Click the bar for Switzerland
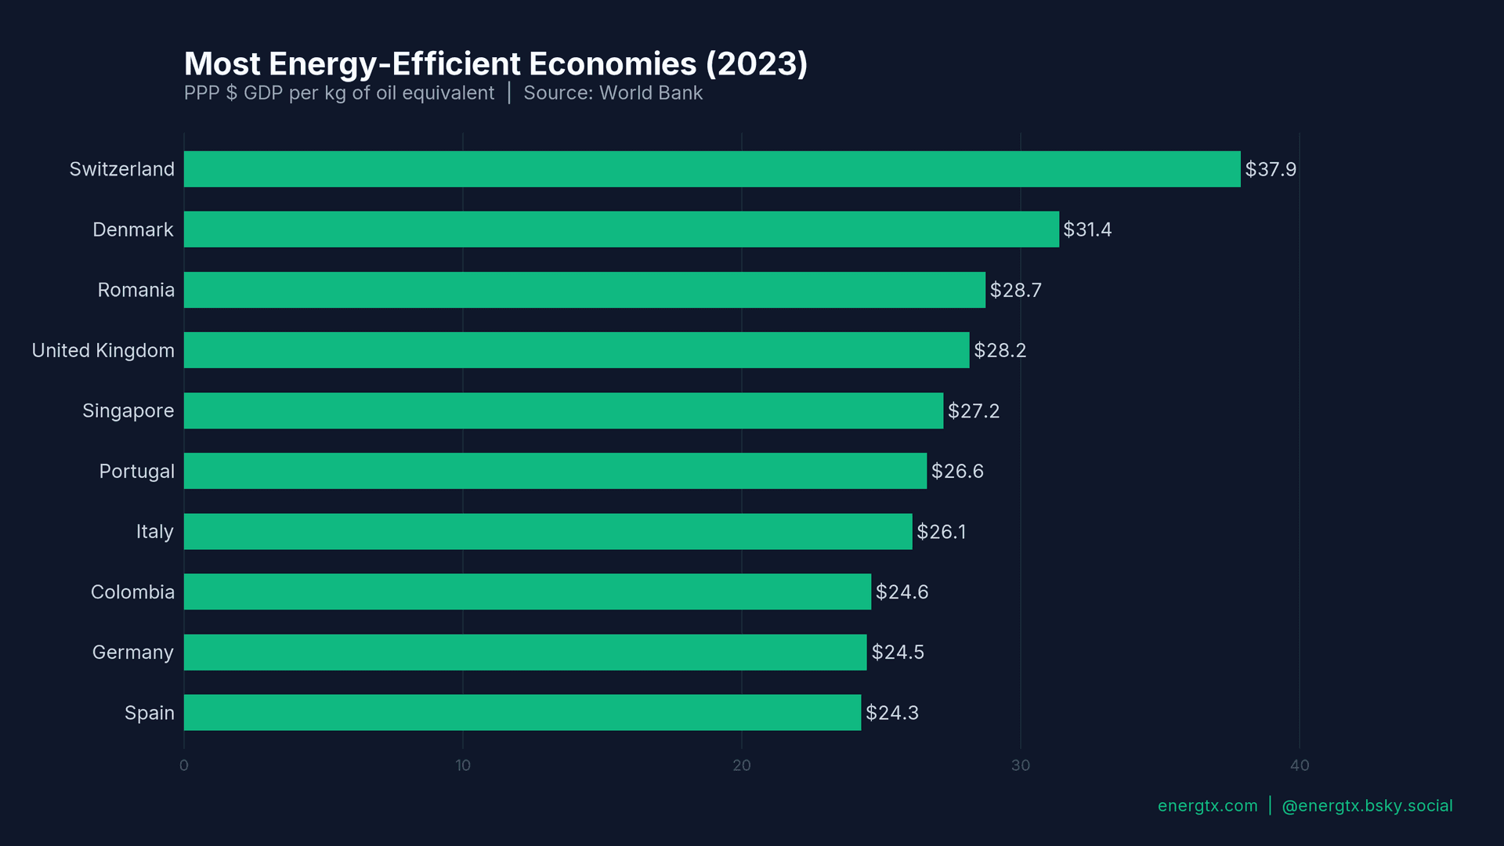(x=711, y=169)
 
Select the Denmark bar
(x=620, y=230)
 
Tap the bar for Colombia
(x=526, y=591)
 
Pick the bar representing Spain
(x=522, y=712)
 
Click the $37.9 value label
(x=1271, y=169)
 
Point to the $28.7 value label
(x=1015, y=290)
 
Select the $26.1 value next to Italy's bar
(x=941, y=532)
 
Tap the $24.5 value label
(x=898, y=652)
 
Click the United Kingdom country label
(x=103, y=350)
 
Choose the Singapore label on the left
(x=128, y=410)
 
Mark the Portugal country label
(x=136, y=471)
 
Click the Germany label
(x=132, y=652)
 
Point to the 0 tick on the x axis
(x=184, y=765)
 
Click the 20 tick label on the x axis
(x=741, y=765)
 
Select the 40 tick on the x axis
(x=1299, y=765)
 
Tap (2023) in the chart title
(x=756, y=64)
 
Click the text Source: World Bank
(x=613, y=93)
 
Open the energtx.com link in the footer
(x=1207, y=805)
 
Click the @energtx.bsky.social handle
(x=1366, y=805)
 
